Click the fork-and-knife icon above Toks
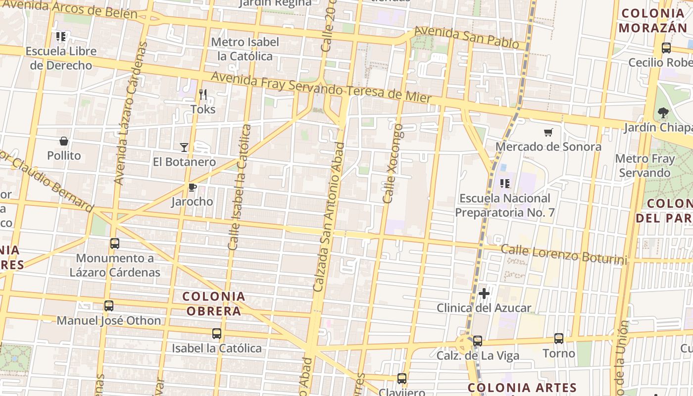point(203,94)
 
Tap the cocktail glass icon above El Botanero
point(184,147)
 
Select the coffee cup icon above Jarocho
point(192,187)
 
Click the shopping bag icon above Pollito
point(64,142)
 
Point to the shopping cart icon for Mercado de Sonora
point(548,132)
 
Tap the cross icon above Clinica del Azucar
point(484,294)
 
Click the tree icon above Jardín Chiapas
point(663,113)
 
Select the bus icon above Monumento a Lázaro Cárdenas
point(115,244)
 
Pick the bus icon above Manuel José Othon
point(109,306)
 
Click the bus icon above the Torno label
point(559,339)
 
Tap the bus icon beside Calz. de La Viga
point(478,341)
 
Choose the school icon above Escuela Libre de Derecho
point(61,37)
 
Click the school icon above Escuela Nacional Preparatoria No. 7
point(505,184)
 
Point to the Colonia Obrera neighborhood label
point(214,303)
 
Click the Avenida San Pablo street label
point(466,38)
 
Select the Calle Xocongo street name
point(394,163)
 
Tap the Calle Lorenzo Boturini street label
point(564,254)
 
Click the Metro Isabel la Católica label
point(246,49)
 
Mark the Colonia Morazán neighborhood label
point(653,21)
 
